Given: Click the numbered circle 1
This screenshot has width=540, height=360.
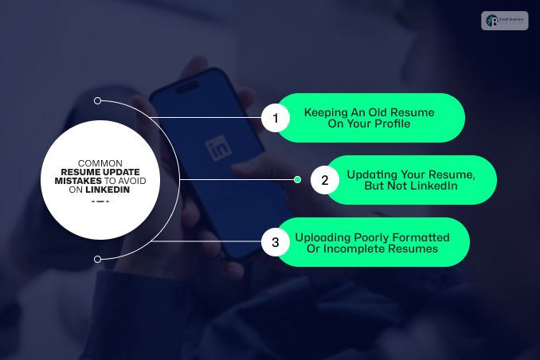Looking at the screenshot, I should coord(276,119).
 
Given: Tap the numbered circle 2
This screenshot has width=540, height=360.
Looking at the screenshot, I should coord(325,180).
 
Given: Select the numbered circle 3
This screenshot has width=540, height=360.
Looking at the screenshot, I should coord(276,242).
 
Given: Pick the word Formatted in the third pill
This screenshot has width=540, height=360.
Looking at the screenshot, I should coord(424,237).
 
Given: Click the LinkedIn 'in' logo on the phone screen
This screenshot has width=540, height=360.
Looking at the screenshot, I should coord(217,147).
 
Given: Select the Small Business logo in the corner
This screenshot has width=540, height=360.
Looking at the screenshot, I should coord(504,21).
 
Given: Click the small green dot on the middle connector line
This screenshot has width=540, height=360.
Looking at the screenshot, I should coord(297,180).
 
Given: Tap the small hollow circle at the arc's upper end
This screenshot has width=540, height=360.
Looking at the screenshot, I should coord(97,101).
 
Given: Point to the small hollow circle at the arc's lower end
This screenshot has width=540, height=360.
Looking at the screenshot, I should coord(97,259).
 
